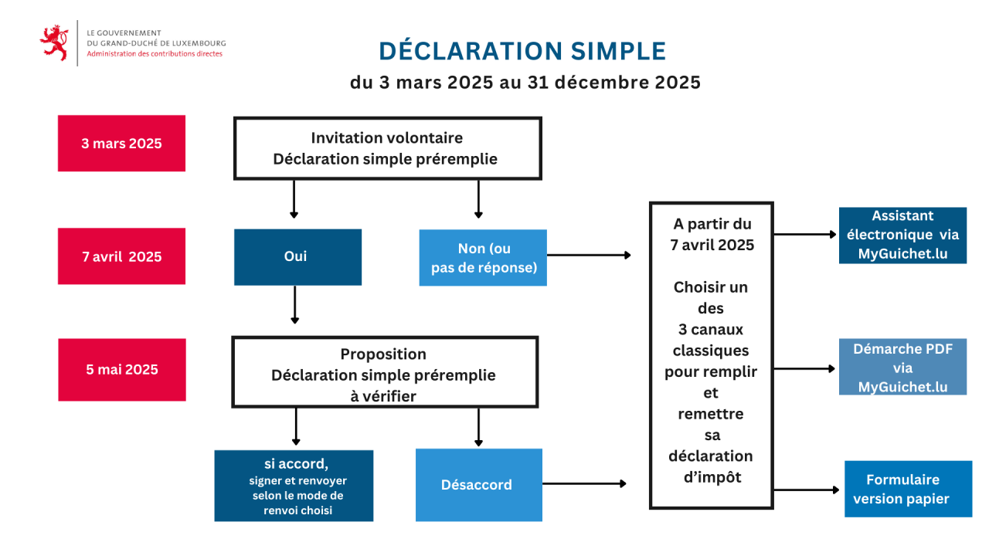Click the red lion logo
pos(54,42)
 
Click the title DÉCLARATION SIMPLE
pos(522,51)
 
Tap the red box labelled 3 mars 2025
pos(121,144)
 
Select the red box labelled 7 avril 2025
pos(121,256)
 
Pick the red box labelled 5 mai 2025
pos(122,370)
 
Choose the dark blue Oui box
pos(297,257)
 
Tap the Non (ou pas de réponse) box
pos(483,258)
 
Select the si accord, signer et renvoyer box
pos(294,486)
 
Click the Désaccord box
pos(478,485)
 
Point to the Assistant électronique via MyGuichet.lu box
pos(902,236)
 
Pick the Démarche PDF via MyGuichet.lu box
pos(902,367)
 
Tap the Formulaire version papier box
pos(908,489)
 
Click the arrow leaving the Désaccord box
pos(584,483)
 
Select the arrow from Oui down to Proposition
pos(295,304)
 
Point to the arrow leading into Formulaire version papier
pos(806,490)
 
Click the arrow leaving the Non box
pos(589,255)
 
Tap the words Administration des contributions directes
pos(155,54)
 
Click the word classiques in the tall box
pos(711,351)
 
